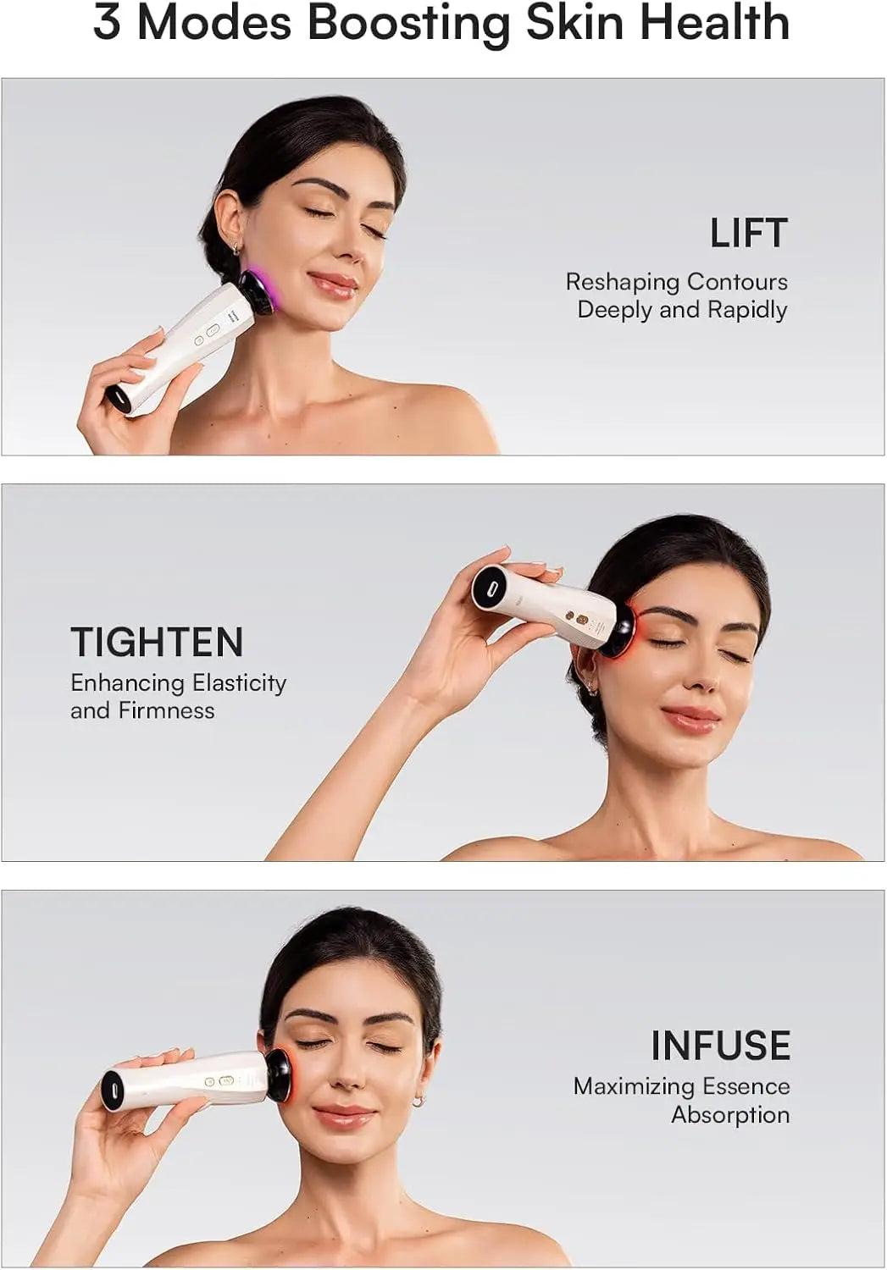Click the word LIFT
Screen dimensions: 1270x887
[749, 234]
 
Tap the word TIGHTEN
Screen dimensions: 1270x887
[157, 642]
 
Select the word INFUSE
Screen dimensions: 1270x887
[720, 1046]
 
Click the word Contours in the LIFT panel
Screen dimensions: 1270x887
[737, 282]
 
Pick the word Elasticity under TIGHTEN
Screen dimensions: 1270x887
[239, 682]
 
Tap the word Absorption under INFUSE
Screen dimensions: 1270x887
[730, 1115]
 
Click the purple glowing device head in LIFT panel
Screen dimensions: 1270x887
[257, 291]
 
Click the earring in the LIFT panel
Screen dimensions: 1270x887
[237, 248]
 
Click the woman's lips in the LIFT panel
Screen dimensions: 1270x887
[333, 285]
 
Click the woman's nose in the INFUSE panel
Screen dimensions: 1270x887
[344, 1078]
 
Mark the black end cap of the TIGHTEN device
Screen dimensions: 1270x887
[488, 587]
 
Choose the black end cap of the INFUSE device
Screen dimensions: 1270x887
[113, 1091]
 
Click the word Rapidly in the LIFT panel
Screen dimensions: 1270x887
[747, 310]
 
